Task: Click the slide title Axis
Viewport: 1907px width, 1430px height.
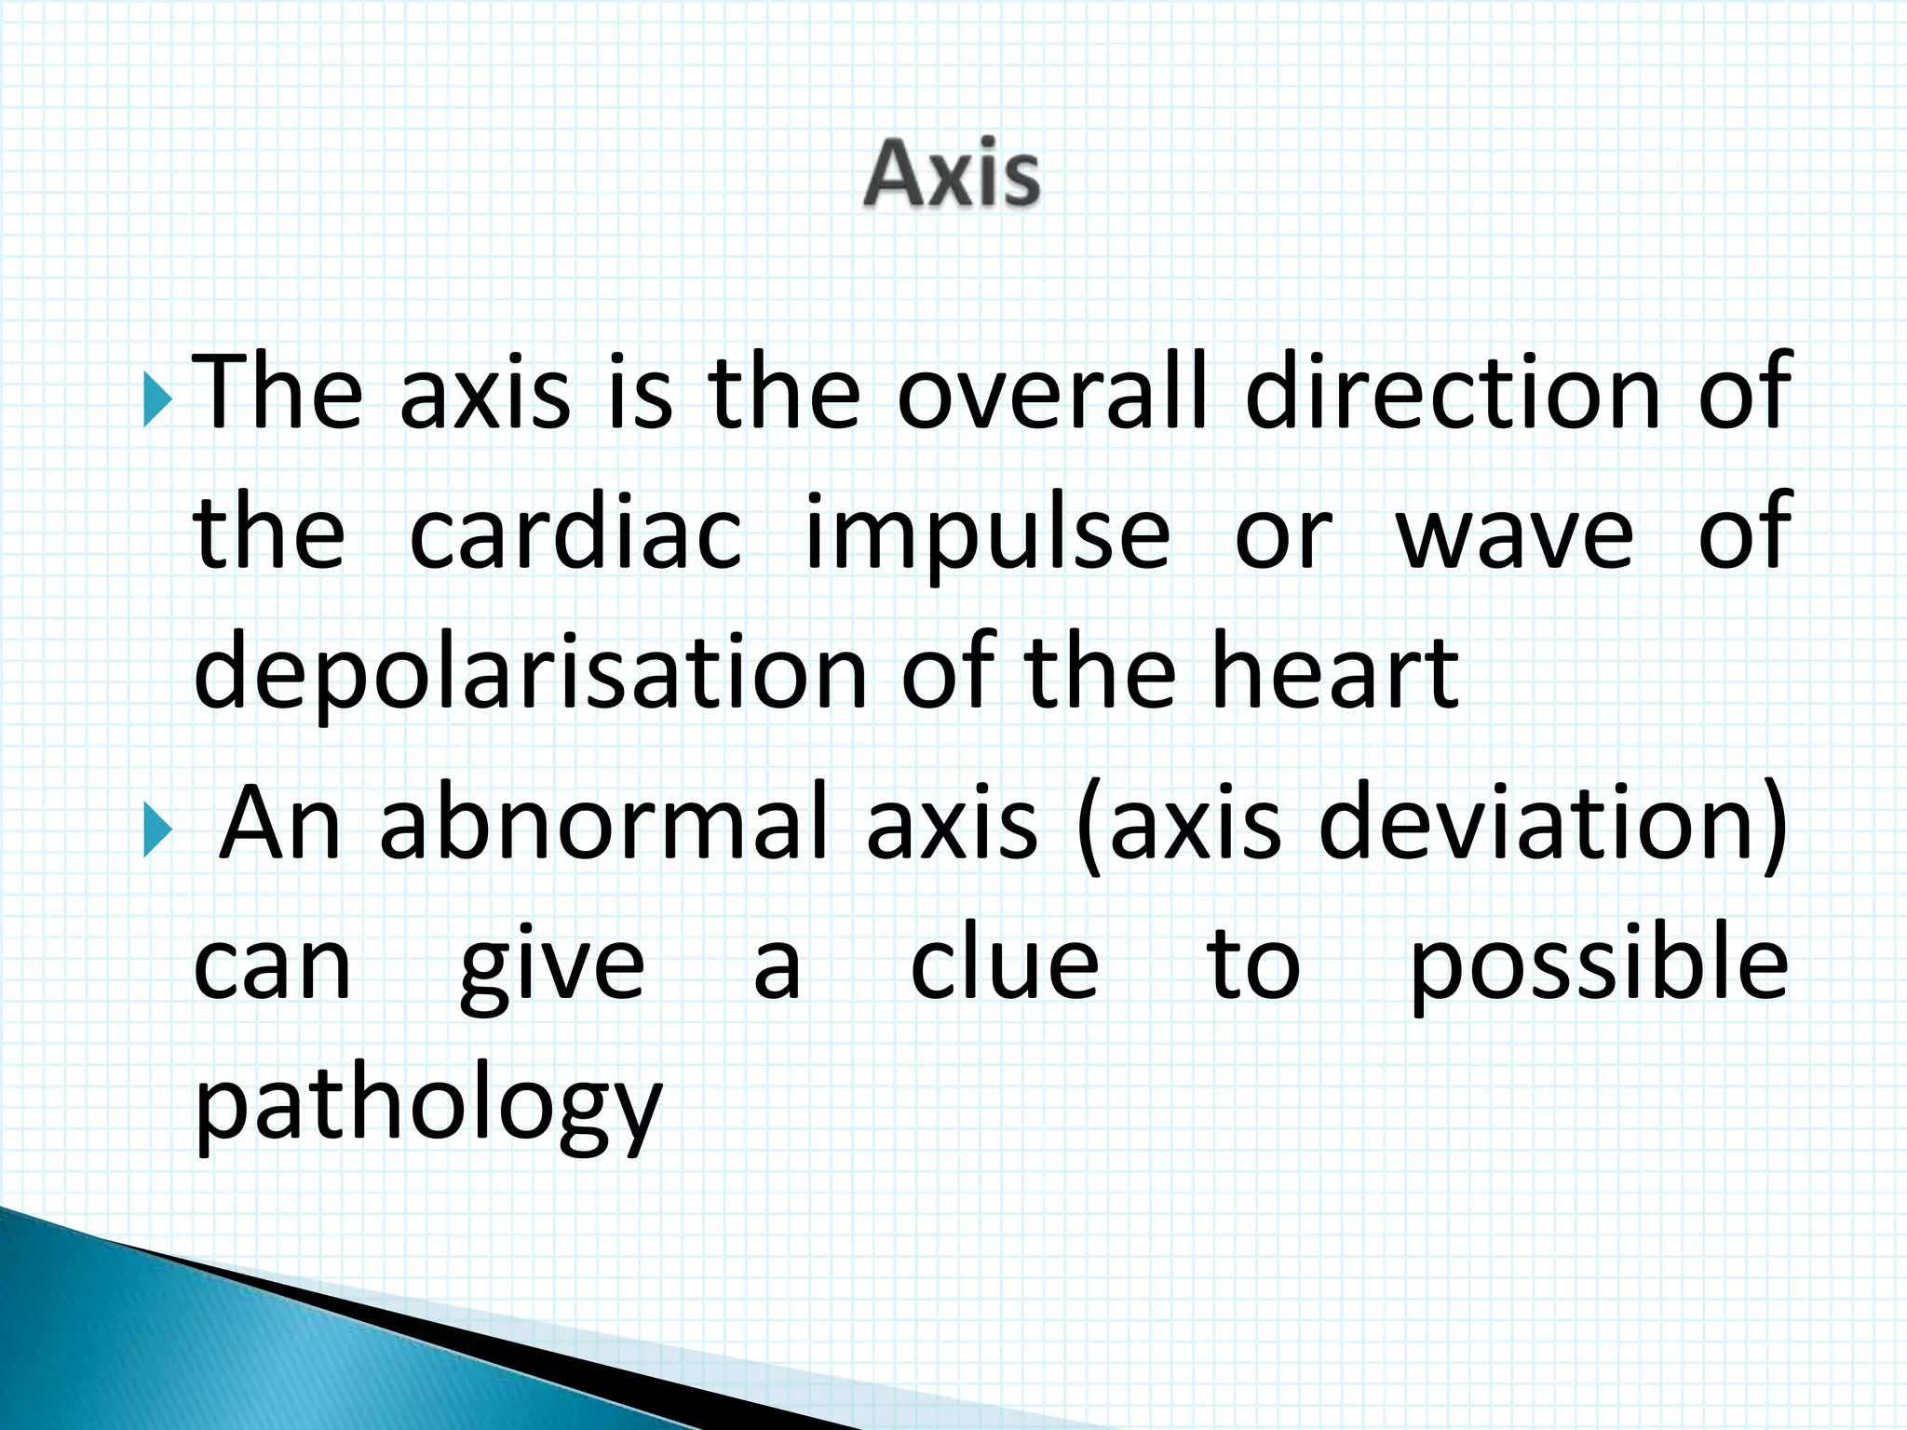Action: pyautogui.click(x=951, y=175)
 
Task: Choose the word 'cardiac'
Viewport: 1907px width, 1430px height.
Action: pyautogui.click(x=575, y=533)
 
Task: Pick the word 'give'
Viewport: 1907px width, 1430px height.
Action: pyautogui.click(x=551, y=968)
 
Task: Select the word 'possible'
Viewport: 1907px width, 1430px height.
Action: pyautogui.click(x=1598, y=968)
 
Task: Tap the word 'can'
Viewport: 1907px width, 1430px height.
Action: pyautogui.click(x=272, y=968)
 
